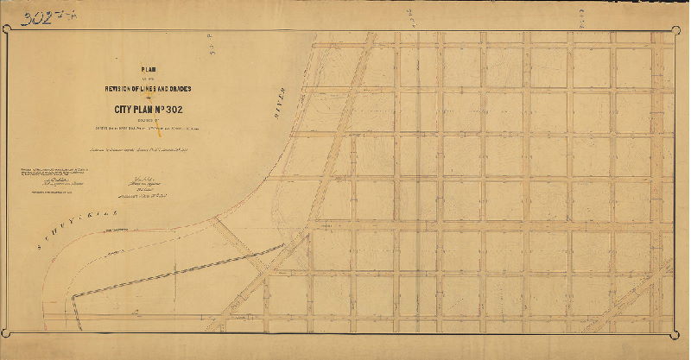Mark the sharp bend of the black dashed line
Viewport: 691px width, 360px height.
tap(74, 297)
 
